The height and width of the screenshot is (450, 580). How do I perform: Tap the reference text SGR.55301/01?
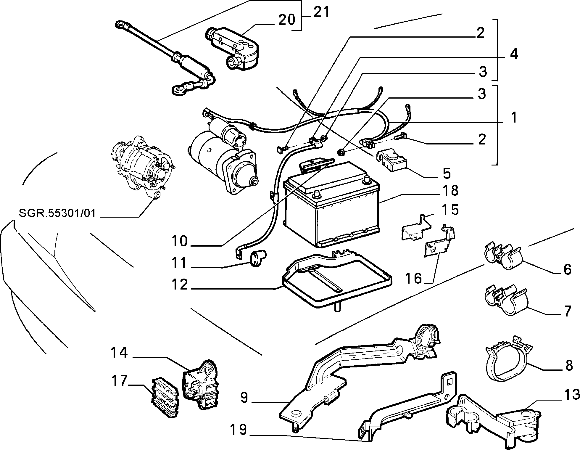click(x=57, y=213)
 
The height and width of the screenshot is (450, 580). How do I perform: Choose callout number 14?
click(x=119, y=352)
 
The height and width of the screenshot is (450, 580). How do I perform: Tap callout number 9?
click(x=244, y=398)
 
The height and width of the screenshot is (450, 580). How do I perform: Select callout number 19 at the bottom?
click(x=239, y=430)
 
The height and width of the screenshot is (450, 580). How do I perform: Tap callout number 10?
click(x=180, y=241)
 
